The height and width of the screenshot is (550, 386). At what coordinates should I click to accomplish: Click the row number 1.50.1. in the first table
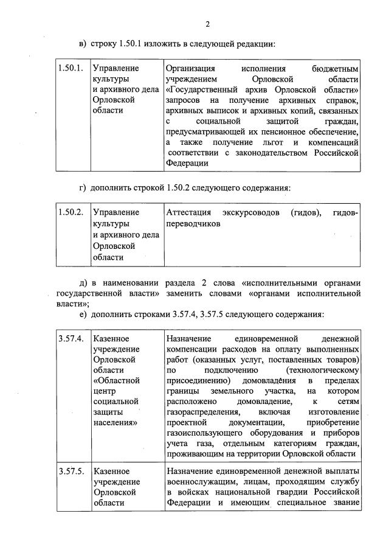(70, 68)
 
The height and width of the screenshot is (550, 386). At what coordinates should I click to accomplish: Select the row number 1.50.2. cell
(70, 212)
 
